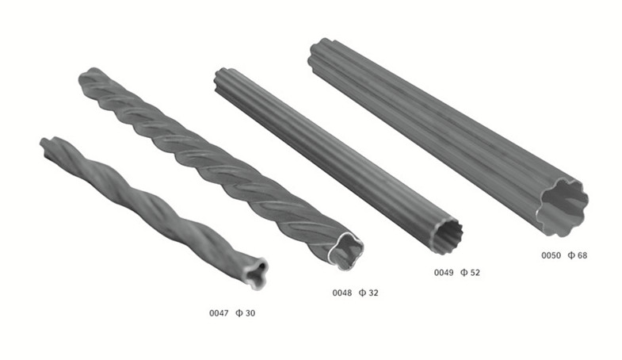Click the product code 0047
pyautogui.click(x=219, y=313)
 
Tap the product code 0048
pyautogui.click(x=342, y=293)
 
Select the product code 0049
pyautogui.click(x=444, y=273)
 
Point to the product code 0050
pyautogui.click(x=551, y=255)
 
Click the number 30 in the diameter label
pyautogui.click(x=250, y=313)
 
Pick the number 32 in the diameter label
pyautogui.click(x=373, y=293)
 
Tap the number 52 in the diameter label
pyautogui.click(x=475, y=273)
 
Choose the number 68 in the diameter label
pyautogui.click(x=582, y=255)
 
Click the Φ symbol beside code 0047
pyautogui.click(x=238, y=313)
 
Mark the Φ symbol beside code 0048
pyautogui.click(x=362, y=293)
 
